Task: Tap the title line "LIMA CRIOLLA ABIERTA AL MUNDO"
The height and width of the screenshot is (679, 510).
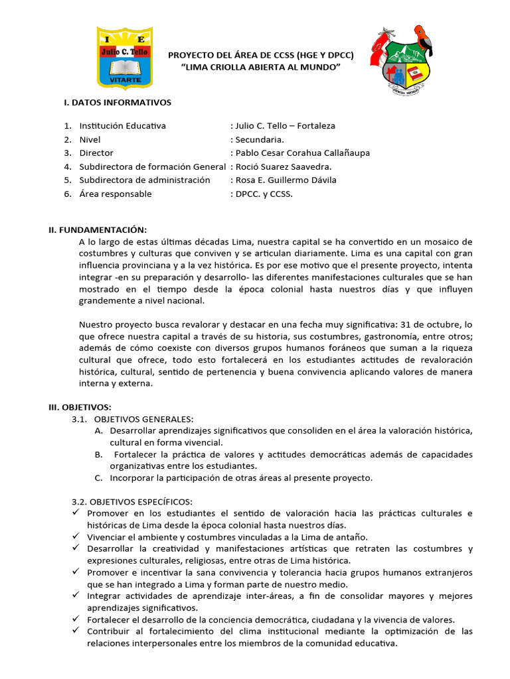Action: tap(260, 68)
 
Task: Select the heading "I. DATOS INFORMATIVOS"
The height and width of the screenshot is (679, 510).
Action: tap(118, 102)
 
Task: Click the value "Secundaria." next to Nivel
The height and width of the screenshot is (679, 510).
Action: tap(259, 139)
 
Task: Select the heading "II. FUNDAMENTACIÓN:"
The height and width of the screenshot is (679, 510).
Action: tap(97, 229)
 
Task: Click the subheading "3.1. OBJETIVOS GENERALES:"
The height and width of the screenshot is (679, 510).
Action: tap(132, 419)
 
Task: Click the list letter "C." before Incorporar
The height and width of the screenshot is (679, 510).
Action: tap(98, 477)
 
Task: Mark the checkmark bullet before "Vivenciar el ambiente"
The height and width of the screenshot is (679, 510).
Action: tap(75, 537)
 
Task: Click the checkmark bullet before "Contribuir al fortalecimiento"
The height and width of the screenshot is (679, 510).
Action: tap(75, 631)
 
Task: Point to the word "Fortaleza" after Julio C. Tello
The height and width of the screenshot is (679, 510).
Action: tap(316, 125)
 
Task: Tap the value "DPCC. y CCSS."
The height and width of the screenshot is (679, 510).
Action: tap(263, 194)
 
